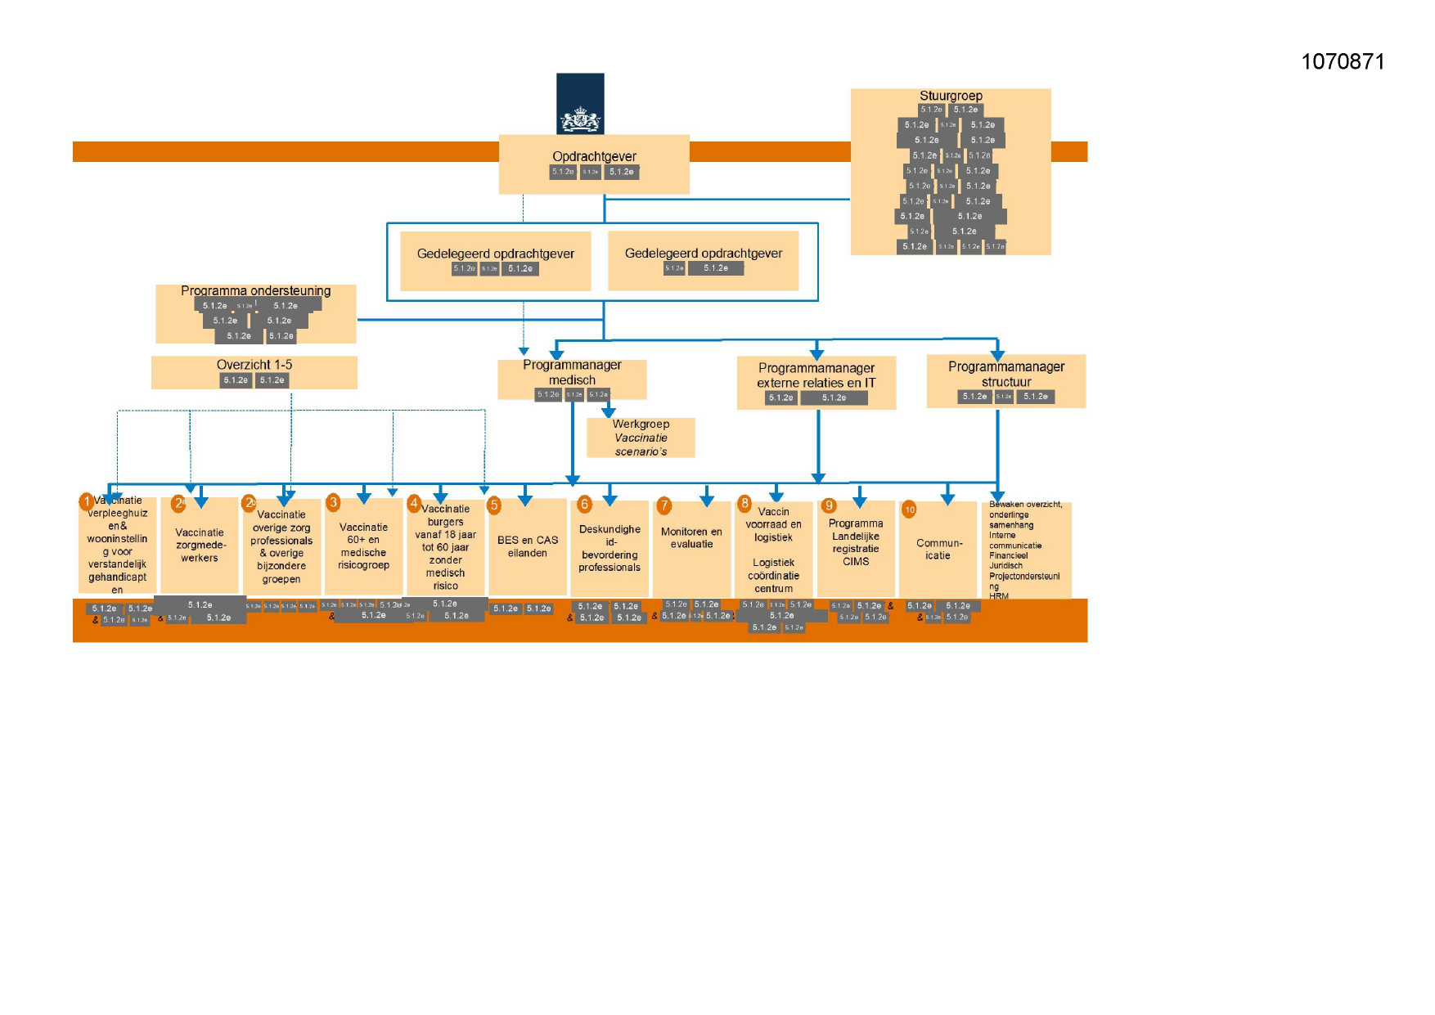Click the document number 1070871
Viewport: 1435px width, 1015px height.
[x=1342, y=62]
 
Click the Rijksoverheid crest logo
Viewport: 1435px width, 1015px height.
[x=580, y=104]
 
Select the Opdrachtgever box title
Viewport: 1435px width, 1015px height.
[x=594, y=156]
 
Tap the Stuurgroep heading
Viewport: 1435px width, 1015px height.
[x=951, y=96]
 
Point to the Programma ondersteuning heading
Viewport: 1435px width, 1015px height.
[x=255, y=291]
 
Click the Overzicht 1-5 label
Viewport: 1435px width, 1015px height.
[x=254, y=365]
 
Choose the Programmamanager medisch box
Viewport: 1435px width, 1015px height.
[x=572, y=373]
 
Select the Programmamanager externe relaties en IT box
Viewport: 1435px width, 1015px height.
[x=816, y=375]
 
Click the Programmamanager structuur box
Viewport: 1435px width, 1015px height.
[x=1005, y=375]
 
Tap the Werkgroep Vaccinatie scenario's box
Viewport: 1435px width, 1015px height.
[x=641, y=438]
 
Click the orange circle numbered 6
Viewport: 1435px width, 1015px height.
[x=584, y=505]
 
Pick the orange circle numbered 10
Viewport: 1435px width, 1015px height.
[x=909, y=510]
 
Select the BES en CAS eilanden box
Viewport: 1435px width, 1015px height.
[x=527, y=546]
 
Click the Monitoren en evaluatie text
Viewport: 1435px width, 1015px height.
[x=691, y=537]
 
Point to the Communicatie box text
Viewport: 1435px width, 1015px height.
[x=938, y=549]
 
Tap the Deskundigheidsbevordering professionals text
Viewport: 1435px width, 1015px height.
[x=610, y=548]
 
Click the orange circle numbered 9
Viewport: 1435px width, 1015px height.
[x=829, y=505]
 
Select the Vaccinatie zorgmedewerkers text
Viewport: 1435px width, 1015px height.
[x=200, y=545]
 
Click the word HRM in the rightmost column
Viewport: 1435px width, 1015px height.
[x=998, y=596]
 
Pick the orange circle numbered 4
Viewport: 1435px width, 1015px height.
[x=414, y=503]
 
